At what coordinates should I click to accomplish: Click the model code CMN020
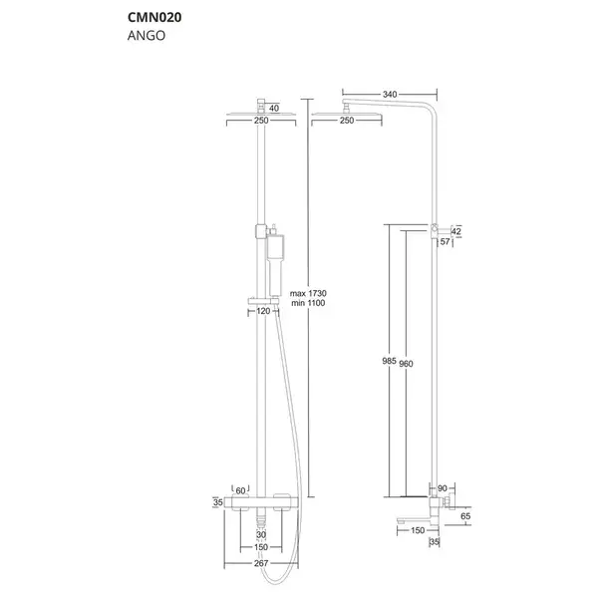tap(154, 17)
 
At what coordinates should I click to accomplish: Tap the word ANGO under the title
tap(147, 36)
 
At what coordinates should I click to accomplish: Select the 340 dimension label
tap(390, 95)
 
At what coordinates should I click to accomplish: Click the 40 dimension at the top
tap(274, 109)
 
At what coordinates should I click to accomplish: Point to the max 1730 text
tap(308, 293)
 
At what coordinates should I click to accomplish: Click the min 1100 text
tap(308, 303)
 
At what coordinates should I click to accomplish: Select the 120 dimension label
tap(263, 311)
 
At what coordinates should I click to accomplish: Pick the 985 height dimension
tap(390, 361)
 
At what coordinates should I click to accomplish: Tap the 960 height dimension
tap(406, 364)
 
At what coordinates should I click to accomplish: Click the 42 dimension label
tap(455, 231)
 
